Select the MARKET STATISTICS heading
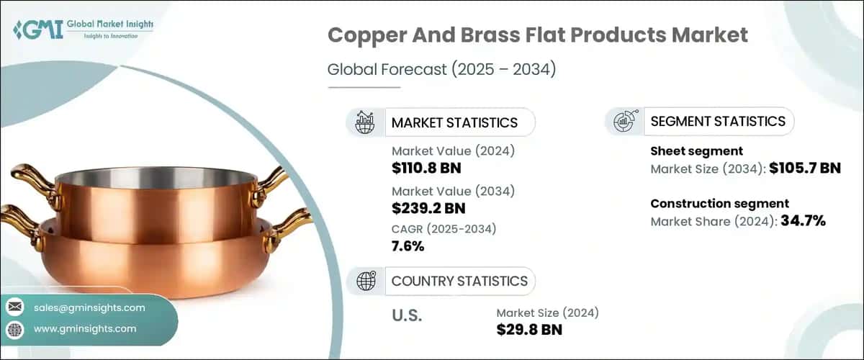pyautogui.click(x=454, y=122)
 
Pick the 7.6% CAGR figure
pyautogui.click(x=408, y=246)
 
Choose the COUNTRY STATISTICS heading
pyautogui.click(x=459, y=281)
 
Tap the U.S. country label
pyautogui.click(x=406, y=316)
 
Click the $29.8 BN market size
pyautogui.click(x=529, y=330)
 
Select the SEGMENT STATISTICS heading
pyautogui.click(x=718, y=121)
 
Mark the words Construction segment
pyautogui.click(x=719, y=204)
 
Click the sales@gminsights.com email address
pyautogui.click(x=89, y=307)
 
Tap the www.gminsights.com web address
pyautogui.click(x=85, y=328)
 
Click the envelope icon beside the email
pyautogui.click(x=14, y=307)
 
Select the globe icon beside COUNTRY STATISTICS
pyautogui.click(x=366, y=281)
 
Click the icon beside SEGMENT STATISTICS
pyautogui.click(x=624, y=122)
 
